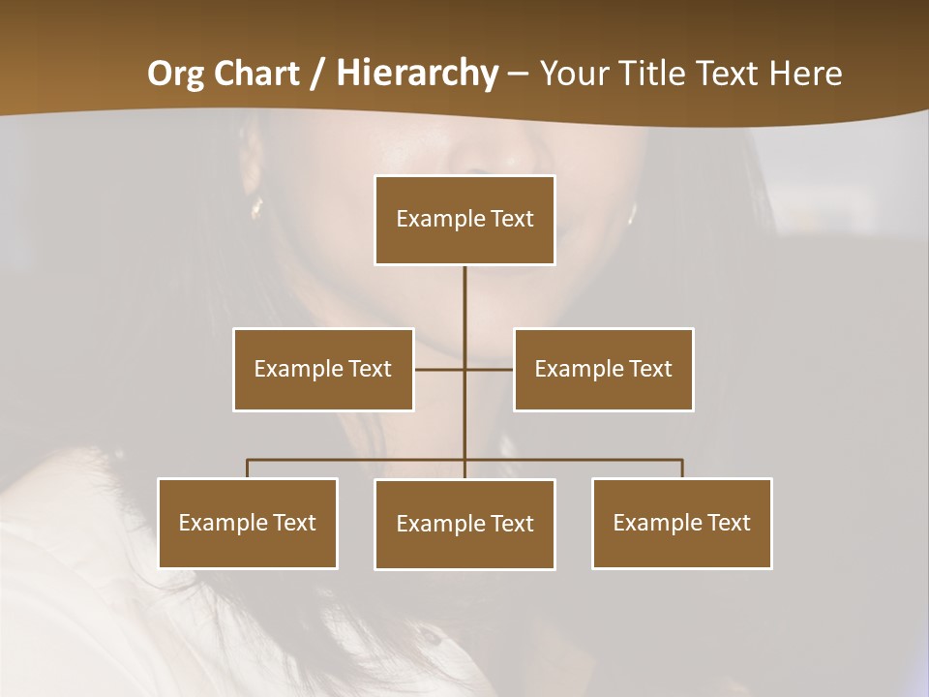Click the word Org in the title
(176, 74)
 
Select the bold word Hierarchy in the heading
(417, 74)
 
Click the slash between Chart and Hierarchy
(317, 74)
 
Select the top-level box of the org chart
(464, 220)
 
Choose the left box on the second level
(323, 369)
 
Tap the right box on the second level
(603, 369)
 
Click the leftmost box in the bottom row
(248, 523)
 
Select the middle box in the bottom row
(464, 524)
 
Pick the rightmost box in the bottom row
(681, 523)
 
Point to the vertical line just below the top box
(464, 290)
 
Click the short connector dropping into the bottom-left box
(248, 469)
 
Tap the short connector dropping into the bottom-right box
(682, 469)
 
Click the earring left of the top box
(256, 206)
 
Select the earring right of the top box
(631, 210)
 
